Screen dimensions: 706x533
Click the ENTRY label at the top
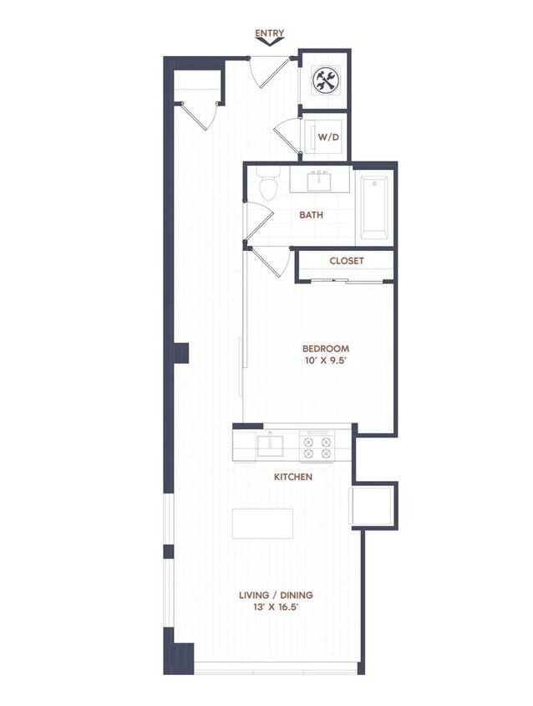(x=270, y=33)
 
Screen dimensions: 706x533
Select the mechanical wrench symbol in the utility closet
(x=323, y=80)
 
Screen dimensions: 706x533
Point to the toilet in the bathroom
(x=267, y=185)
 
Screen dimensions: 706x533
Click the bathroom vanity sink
(x=319, y=180)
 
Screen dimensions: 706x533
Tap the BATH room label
(x=312, y=215)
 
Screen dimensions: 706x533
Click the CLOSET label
(x=346, y=261)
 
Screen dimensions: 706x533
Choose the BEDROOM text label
(x=325, y=349)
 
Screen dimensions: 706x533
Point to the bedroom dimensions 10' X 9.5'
(x=325, y=362)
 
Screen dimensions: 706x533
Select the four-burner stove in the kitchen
(x=317, y=445)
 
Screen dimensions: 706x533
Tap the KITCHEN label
(x=293, y=477)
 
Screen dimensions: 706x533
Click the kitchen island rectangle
(x=262, y=523)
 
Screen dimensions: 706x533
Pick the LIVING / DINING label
(x=276, y=595)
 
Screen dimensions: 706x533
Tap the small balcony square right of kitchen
(x=373, y=505)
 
